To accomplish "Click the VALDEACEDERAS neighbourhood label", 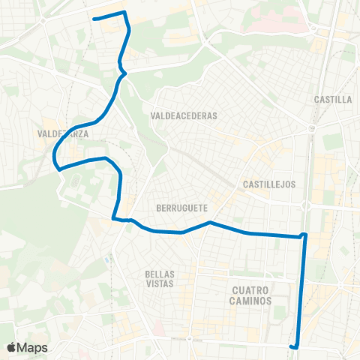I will point(183,116).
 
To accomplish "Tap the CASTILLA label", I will point(334,99).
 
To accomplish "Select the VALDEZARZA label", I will point(63,134).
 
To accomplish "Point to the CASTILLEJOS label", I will point(271,184).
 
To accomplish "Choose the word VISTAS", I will point(160,284).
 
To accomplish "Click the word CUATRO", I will point(250,289).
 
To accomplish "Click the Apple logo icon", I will point(12,347).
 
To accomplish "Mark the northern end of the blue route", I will point(94,18).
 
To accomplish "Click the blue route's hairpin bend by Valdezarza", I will point(54,157).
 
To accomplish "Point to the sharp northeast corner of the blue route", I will point(124,13).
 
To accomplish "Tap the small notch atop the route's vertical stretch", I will point(304,235).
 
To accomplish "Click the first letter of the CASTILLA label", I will point(319,99).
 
